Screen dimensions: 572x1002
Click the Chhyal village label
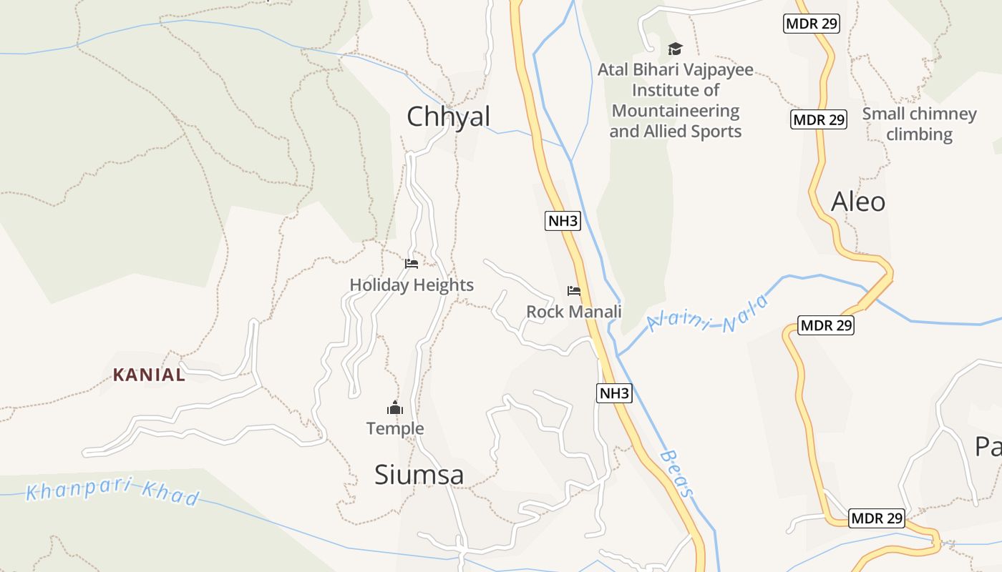[449, 117]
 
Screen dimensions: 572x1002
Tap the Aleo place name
[858, 202]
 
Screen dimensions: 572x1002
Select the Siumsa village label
[419, 475]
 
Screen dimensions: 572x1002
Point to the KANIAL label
[149, 375]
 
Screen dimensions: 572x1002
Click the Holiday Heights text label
[412, 285]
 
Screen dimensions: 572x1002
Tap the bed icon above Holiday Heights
[412, 264]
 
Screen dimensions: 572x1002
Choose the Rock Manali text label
[574, 312]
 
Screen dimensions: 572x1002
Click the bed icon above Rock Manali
[574, 290]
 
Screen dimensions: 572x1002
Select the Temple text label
[395, 428]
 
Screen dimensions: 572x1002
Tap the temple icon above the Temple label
[395, 408]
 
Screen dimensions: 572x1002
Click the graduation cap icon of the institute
[675, 49]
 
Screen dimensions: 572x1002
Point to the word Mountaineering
[676, 111]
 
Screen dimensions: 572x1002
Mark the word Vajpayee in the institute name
[719, 70]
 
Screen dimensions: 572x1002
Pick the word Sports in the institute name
[716, 132]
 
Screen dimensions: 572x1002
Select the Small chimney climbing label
[920, 124]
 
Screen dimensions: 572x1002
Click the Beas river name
[677, 473]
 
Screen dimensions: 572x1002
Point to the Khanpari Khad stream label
[113, 493]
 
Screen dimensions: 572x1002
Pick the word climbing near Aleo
[920, 134]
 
